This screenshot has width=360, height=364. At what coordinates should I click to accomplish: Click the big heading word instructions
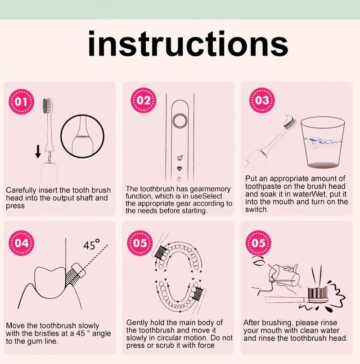pos(188,44)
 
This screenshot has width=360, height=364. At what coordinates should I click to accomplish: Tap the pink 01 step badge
pos(21,101)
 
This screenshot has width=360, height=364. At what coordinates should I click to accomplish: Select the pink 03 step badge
pos(262,100)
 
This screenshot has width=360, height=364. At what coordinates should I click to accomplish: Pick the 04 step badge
pos(21,243)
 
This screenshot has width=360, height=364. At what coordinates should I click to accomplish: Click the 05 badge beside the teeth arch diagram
pos(140,243)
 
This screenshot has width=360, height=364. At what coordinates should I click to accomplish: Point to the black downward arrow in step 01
pos(38,151)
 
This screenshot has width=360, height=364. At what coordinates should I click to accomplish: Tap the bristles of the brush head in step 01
pos(47,105)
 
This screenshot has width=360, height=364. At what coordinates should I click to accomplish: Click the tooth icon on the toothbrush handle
pos(180,158)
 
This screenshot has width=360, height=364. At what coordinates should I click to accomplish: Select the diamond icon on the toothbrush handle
pos(180,168)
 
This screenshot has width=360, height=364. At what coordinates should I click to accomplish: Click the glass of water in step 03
pos(322,142)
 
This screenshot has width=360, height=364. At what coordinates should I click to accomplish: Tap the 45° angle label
pos(91,245)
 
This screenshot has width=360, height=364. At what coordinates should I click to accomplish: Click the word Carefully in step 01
pos(21,191)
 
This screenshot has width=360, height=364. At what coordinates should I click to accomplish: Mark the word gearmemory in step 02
pos(211,189)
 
